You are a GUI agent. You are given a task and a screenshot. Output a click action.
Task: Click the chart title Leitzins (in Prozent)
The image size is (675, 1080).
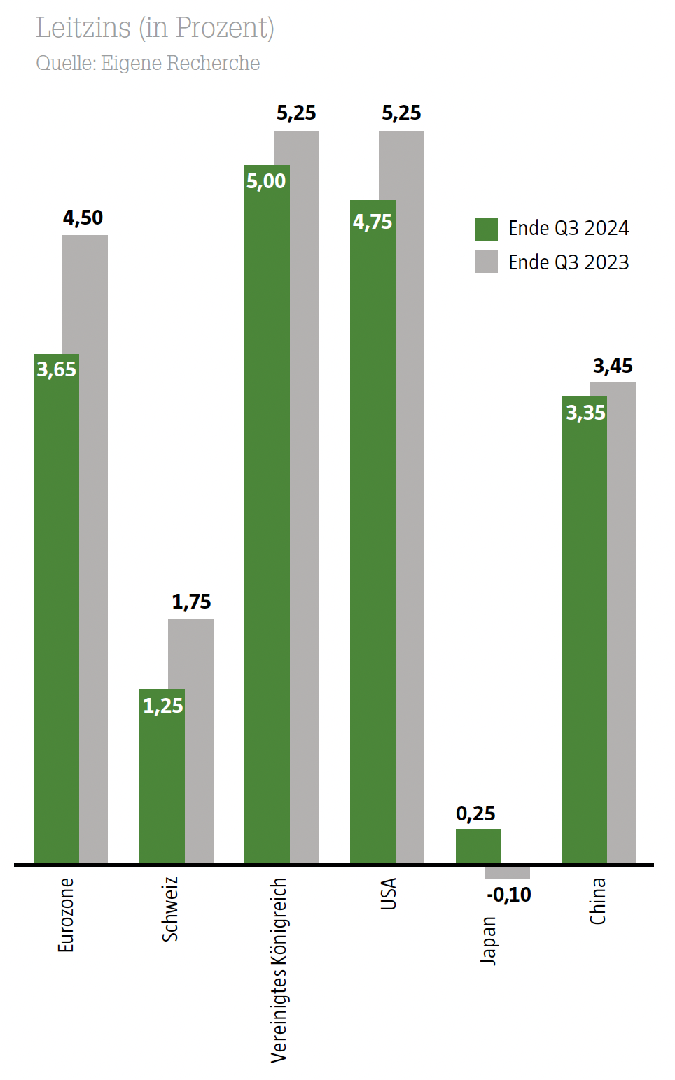tap(155, 28)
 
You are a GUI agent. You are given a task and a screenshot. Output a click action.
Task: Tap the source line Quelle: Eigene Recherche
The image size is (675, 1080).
tap(148, 63)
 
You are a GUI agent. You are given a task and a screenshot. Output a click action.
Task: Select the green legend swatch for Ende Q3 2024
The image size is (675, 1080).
tap(486, 229)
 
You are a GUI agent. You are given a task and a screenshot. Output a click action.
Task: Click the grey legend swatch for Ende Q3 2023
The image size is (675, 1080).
tap(486, 262)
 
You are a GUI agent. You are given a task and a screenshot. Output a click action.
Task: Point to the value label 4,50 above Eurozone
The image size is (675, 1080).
tap(83, 218)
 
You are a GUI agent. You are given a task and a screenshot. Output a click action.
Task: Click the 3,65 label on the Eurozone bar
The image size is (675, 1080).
tap(56, 369)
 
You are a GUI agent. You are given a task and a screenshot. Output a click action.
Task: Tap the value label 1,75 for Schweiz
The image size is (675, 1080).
tap(191, 602)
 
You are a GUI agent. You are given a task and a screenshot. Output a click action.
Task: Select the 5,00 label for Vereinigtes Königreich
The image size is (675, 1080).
tap(266, 181)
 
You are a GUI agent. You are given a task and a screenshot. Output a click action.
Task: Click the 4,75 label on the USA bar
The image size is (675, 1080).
tap(373, 222)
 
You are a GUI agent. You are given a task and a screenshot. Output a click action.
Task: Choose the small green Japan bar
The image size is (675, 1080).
tap(478, 846)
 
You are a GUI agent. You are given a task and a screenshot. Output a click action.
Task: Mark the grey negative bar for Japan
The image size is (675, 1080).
tap(507, 872)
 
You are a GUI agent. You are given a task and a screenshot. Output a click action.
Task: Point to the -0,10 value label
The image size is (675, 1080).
tap(509, 895)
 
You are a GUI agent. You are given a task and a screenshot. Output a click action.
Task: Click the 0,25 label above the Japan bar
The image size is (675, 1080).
tap(475, 813)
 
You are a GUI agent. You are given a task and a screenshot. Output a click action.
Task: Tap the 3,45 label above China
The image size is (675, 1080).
tap(613, 366)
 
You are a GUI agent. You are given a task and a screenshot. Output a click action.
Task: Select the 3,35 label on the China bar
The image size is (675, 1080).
tap(585, 413)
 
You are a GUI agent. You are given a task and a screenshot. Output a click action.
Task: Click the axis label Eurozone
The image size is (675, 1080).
tap(65, 915)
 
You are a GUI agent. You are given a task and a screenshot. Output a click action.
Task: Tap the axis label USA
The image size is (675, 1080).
tap(388, 894)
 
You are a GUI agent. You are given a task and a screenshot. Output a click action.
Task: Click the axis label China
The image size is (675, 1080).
tap(597, 901)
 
